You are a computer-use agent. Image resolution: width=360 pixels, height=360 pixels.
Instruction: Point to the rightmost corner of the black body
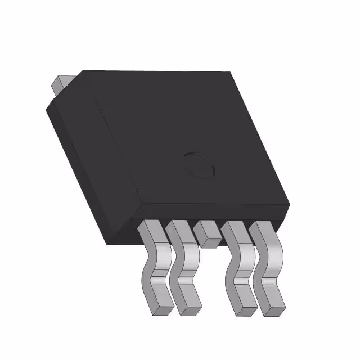[x=290, y=202]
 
